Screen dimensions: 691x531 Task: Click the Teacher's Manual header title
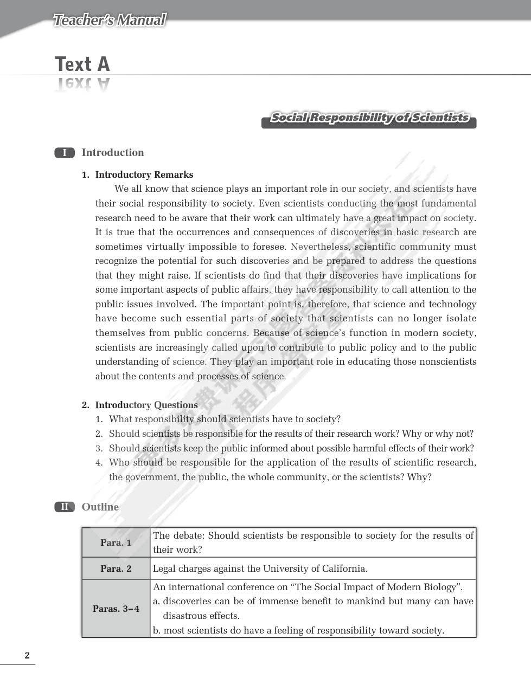coord(110,21)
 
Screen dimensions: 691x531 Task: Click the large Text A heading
coord(82,64)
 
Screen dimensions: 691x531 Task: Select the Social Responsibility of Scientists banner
coord(369,118)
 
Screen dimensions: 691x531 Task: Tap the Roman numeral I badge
coord(65,153)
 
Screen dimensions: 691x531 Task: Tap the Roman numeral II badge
coord(65,507)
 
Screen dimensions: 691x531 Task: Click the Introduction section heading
coord(113,153)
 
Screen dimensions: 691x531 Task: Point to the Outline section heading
coord(100,507)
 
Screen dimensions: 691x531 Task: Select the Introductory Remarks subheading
coord(144,175)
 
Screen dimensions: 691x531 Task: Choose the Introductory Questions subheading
coord(146,405)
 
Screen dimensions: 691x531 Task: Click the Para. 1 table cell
coord(116,543)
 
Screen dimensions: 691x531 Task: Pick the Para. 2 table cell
coord(116,569)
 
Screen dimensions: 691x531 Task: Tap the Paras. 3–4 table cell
coord(116,609)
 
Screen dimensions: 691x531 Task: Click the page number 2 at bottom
coord(27,656)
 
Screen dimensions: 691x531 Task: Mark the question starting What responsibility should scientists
coord(225,419)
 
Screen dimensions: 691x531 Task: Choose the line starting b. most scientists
coord(298,630)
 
